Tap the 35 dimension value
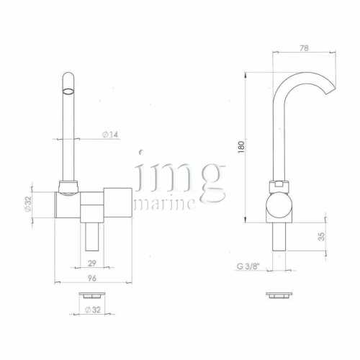point(320,235)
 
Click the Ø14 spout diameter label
point(111,135)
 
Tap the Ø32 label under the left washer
point(92,310)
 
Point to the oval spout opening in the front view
point(68,91)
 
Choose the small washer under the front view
point(91,294)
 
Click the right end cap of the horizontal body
point(117,204)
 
